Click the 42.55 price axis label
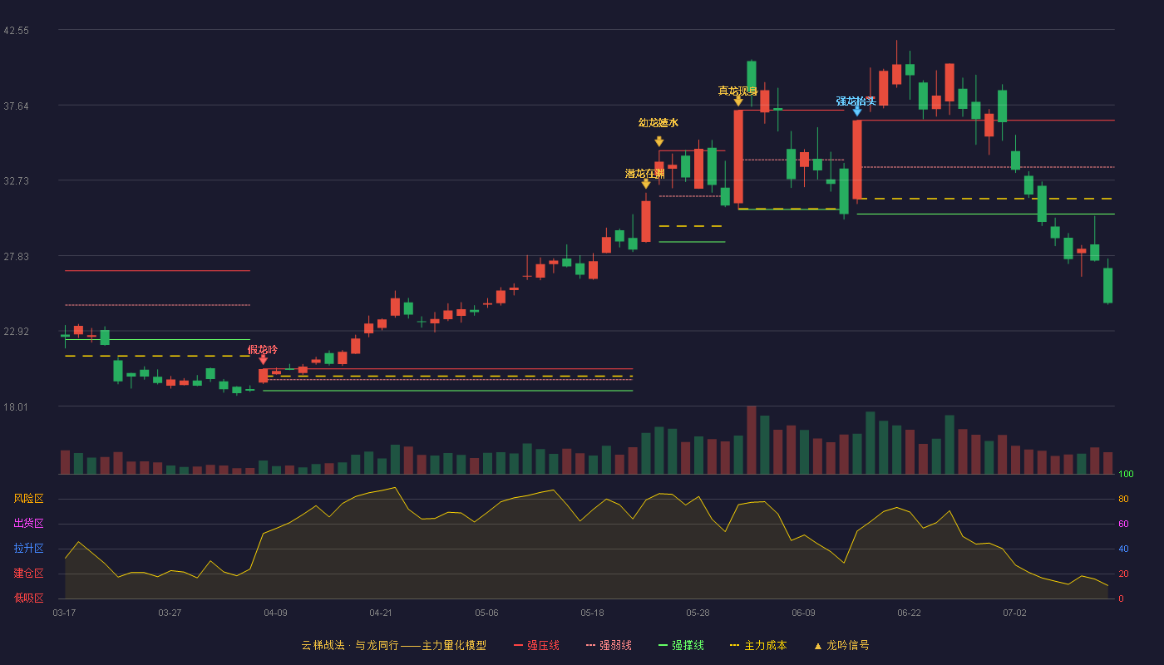tap(16, 31)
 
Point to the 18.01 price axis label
tap(16, 406)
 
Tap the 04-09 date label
tap(275, 613)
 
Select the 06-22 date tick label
tap(909, 613)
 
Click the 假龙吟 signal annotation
tap(263, 349)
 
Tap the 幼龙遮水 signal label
tap(658, 123)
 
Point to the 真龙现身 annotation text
tap(738, 91)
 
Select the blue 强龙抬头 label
tap(856, 101)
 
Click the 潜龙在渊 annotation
tap(645, 174)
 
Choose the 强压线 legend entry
tap(536, 645)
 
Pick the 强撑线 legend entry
tap(681, 645)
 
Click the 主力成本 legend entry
tap(758, 645)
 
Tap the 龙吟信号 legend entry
tap(841, 645)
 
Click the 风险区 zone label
tap(28, 498)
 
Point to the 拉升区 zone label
tap(28, 548)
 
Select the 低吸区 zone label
tap(28, 598)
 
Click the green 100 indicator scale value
tap(1126, 474)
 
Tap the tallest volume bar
tap(752, 440)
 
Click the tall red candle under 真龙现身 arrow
tap(738, 156)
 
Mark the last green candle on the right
tap(1107, 285)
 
